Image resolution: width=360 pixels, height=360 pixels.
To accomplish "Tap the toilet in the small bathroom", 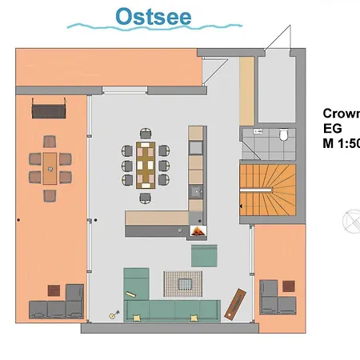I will [x=284, y=136].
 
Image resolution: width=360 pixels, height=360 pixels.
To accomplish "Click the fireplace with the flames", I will [x=197, y=232].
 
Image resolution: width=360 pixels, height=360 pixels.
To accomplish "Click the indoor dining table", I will [x=146, y=162].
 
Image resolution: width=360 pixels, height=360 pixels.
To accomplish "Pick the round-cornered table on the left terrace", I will [x=49, y=165].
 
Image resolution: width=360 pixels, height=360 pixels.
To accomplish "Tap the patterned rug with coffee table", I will [x=184, y=282].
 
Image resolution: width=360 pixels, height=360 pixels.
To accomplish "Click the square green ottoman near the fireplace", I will [x=204, y=254].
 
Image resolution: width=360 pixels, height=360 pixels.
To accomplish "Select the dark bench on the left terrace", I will [x=50, y=108].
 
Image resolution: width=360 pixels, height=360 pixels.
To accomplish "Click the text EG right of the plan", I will [x=332, y=128].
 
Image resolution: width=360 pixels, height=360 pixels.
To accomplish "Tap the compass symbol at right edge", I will [x=351, y=220].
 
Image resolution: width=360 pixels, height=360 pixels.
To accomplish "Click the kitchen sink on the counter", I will [x=196, y=191].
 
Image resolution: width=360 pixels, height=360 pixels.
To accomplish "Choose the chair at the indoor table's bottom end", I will [x=146, y=197].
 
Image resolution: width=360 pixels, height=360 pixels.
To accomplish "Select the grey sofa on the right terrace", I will [x=278, y=301].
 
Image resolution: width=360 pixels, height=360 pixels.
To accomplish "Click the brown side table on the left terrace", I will [x=54, y=290].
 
